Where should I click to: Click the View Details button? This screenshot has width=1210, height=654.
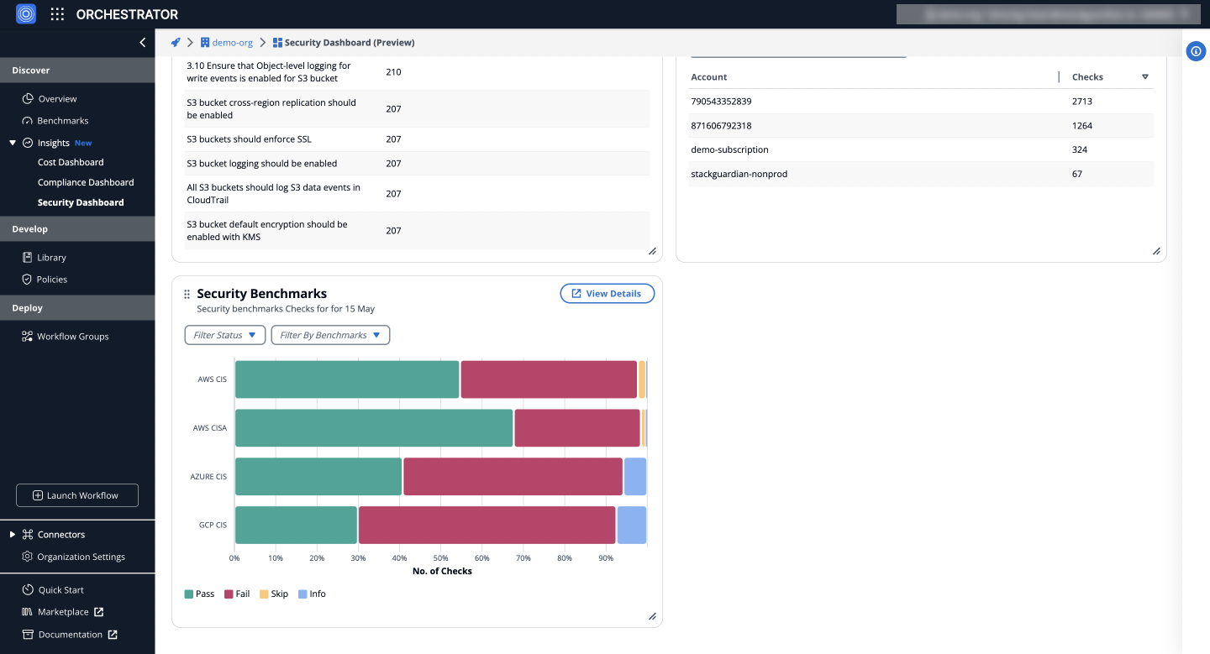tap(607, 294)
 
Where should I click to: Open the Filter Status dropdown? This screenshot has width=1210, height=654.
tap(224, 335)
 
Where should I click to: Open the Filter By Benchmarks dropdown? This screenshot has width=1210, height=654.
tap(330, 335)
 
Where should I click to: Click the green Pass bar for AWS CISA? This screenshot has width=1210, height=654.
tap(373, 428)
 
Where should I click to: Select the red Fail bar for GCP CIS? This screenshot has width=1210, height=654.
tap(487, 526)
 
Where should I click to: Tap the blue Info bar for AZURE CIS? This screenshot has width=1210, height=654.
tap(634, 477)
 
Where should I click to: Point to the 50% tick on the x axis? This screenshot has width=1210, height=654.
tap(440, 557)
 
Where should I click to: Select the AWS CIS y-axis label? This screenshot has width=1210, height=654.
tap(212, 379)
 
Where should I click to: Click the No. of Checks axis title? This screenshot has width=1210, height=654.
tap(442, 572)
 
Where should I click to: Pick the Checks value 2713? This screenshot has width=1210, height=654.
tap(1081, 102)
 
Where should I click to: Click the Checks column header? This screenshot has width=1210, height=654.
tap(1087, 77)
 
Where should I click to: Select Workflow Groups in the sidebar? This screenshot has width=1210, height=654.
tap(72, 337)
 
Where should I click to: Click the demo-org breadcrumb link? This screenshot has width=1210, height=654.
tap(231, 43)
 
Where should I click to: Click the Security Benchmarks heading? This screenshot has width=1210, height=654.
tap(261, 294)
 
